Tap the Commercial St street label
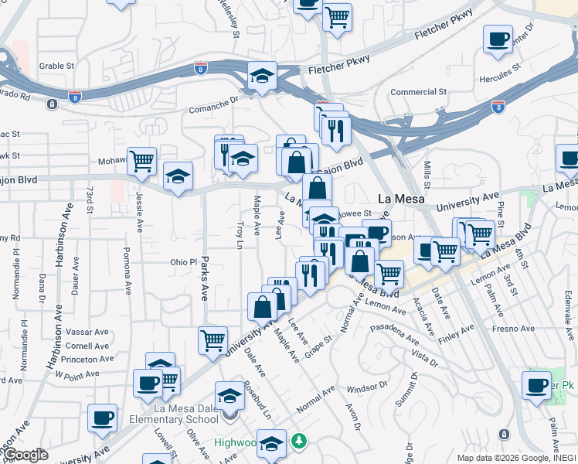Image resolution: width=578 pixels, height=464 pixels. click(x=419, y=92)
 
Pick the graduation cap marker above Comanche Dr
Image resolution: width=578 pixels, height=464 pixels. click(x=263, y=76)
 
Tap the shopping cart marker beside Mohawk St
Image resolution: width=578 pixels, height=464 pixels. click(x=141, y=161)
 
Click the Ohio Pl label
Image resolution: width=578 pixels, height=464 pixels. click(x=184, y=262)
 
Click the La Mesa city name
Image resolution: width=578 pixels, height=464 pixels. click(x=397, y=198)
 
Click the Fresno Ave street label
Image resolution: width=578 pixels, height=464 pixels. click(x=516, y=329)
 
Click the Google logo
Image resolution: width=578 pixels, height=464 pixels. click(x=26, y=455)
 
